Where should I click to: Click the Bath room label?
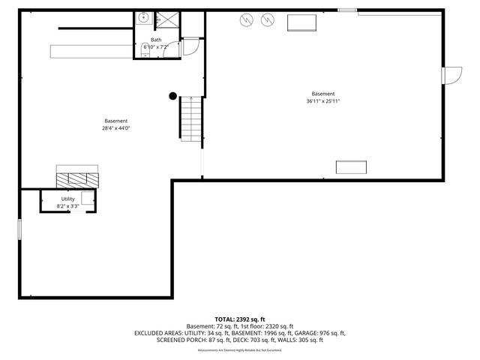pyautogui.click(x=156, y=39)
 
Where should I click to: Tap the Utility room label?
pyautogui.click(x=68, y=198)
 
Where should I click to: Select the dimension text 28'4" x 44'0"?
pyautogui.click(x=115, y=128)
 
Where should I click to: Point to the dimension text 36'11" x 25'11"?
pyautogui.click(x=323, y=101)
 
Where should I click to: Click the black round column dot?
pyautogui.click(x=172, y=95)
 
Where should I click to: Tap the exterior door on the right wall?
pyautogui.click(x=452, y=76)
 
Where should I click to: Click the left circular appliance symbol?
pyautogui.click(x=245, y=20)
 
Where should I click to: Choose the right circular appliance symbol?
pyautogui.click(x=266, y=20)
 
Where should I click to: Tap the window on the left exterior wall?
pyautogui.click(x=20, y=229)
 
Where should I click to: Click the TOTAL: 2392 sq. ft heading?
pyautogui.click(x=239, y=319)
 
